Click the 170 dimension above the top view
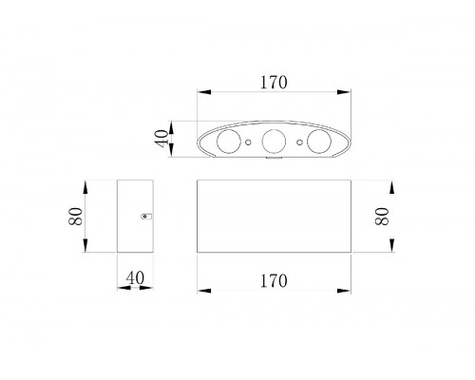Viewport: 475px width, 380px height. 274,83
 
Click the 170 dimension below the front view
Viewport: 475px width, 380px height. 274,281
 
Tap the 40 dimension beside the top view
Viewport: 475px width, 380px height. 161,138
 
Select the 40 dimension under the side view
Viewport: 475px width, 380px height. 135,278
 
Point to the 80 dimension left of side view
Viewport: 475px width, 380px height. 75,217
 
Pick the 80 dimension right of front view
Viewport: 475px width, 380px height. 382,217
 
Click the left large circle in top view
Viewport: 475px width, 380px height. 228,142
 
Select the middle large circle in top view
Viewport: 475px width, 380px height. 274,142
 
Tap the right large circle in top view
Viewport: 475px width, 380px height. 319,142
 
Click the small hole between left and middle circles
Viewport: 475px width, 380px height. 249,142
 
